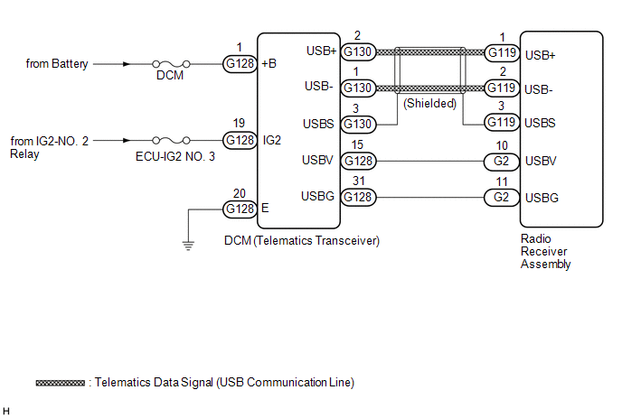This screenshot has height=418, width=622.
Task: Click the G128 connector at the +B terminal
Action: (240, 64)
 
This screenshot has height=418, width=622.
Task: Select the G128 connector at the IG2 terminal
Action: (240, 140)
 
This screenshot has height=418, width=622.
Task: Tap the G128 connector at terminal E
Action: (240, 209)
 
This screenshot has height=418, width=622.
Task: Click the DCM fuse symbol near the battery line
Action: (171, 64)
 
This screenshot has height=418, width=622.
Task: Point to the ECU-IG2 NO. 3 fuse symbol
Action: (171, 140)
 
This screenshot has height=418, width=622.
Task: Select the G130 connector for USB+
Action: (358, 52)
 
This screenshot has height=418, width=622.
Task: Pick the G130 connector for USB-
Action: (358, 88)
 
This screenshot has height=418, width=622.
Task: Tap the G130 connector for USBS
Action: (358, 123)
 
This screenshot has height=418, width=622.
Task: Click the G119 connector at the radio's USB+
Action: (503, 52)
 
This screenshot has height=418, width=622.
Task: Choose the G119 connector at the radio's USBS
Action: (503, 122)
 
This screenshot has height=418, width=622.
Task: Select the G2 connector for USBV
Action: (503, 162)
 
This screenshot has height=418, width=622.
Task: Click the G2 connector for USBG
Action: (503, 197)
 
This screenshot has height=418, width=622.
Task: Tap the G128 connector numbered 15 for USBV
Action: (358, 162)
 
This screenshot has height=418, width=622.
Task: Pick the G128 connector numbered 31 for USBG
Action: (358, 197)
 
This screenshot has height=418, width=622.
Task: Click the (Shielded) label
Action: (430, 104)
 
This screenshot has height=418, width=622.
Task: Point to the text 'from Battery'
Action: (59, 64)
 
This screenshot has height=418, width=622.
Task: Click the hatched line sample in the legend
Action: (61, 383)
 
